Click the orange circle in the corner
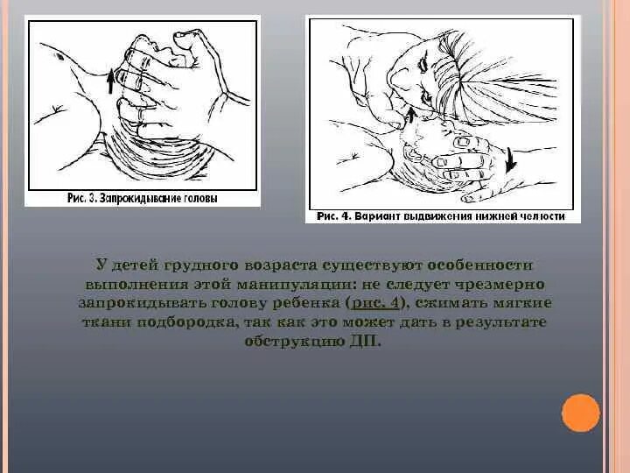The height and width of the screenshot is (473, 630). (x=581, y=413)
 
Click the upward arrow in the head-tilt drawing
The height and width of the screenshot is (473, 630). (x=110, y=81)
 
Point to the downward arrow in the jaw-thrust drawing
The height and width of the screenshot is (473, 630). (x=510, y=161)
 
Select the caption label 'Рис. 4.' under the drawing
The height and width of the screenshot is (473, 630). (x=335, y=216)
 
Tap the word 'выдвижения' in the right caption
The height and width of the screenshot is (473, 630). (x=443, y=216)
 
